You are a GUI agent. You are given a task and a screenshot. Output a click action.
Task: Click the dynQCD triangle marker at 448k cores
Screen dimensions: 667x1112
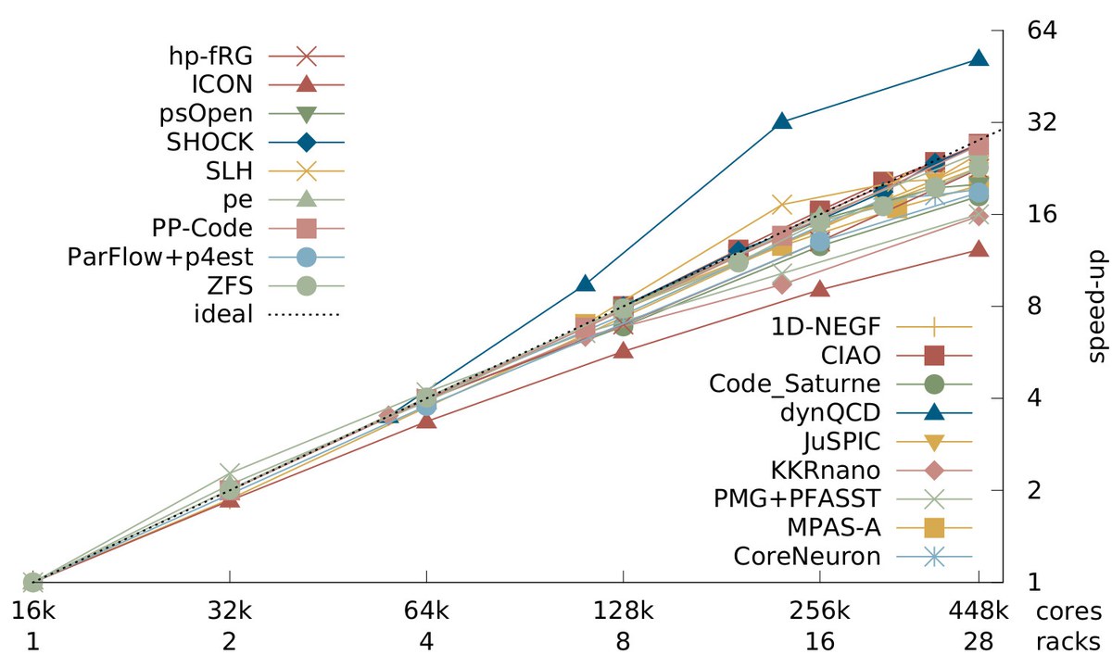click(979, 58)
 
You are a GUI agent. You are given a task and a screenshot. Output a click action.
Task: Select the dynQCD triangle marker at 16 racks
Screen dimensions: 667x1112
click(781, 121)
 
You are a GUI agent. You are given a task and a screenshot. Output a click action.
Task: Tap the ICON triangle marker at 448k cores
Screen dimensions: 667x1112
click(979, 248)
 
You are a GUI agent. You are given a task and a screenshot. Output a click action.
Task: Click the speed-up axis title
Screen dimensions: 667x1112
click(1097, 306)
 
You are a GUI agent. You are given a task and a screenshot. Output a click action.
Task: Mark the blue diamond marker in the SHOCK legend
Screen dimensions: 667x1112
click(307, 143)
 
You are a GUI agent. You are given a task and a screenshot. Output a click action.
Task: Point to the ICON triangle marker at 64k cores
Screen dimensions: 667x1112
click(426, 421)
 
